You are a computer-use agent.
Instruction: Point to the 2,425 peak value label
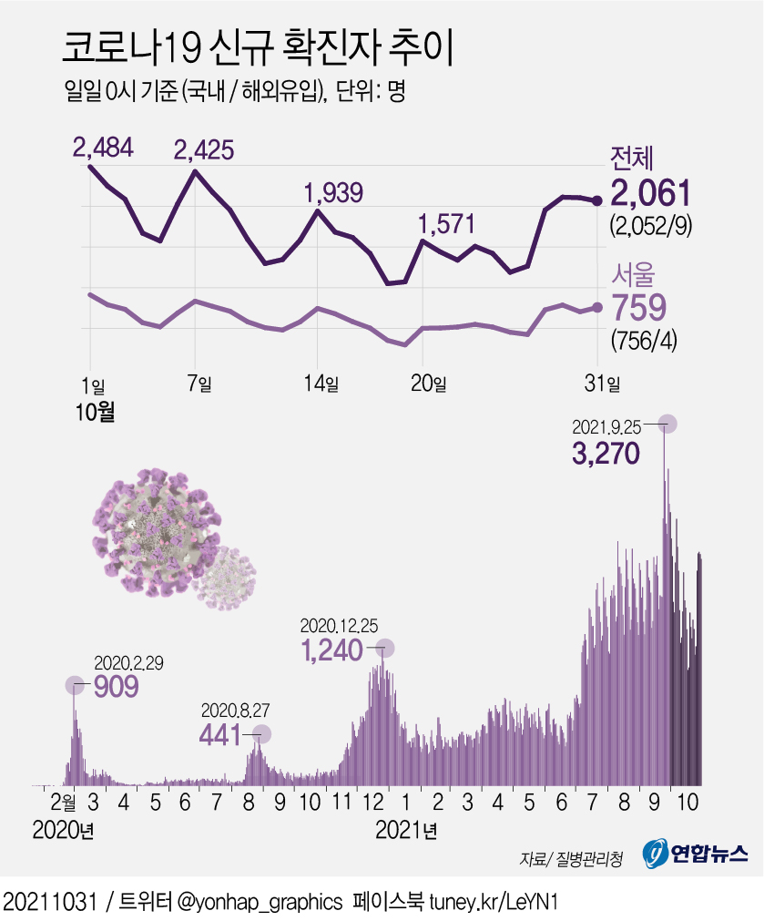[x=204, y=148]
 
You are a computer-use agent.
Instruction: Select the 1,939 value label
[x=333, y=192]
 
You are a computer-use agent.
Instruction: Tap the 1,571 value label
[x=446, y=223]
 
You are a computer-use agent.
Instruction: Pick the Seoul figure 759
[x=641, y=309]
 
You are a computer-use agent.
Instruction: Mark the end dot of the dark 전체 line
[x=597, y=200]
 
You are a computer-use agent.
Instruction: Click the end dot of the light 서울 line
[x=597, y=308]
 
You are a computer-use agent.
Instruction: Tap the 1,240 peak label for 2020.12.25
[x=331, y=650]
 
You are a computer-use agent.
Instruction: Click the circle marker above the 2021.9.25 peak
[x=667, y=424]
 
